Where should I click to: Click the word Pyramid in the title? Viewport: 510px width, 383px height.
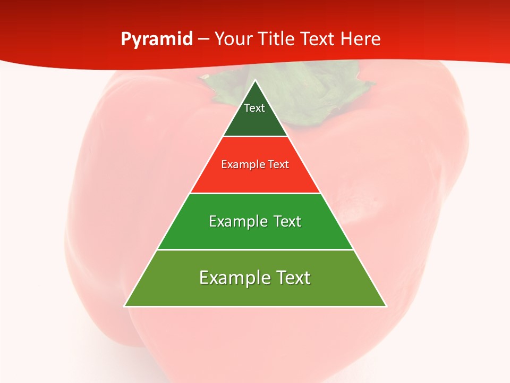(157, 39)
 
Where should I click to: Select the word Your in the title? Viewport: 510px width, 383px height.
(232, 39)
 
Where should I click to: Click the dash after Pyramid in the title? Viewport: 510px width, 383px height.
(203, 39)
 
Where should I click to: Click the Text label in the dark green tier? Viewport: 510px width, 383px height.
(254, 108)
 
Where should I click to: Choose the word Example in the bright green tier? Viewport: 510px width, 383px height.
(236, 221)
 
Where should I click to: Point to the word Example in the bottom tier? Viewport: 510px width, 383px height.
(229, 278)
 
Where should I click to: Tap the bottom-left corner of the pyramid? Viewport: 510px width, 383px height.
(125, 306)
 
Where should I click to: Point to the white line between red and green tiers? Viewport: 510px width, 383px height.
(256, 193)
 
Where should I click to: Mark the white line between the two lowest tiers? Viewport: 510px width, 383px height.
(256, 249)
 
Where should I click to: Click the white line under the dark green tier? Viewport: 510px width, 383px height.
(256, 137)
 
